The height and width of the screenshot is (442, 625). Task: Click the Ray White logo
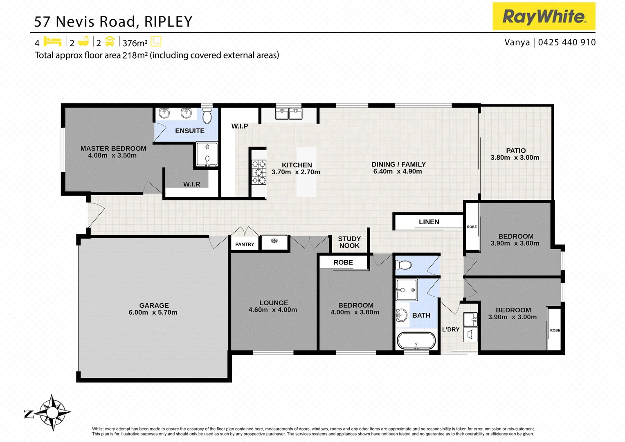pyautogui.click(x=544, y=16)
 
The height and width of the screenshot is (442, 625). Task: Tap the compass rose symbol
pyautogui.click(x=52, y=413)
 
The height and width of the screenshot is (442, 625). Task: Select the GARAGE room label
pyautogui.click(x=154, y=305)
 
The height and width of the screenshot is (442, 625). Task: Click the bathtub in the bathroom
pyautogui.click(x=416, y=341)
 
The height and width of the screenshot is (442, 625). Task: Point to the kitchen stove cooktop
pyautogui.click(x=259, y=172)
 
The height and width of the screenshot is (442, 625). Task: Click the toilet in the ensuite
pyautogui.click(x=207, y=115)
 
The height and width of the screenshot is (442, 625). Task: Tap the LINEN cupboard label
pyautogui.click(x=429, y=222)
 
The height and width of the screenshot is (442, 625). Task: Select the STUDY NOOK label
pyautogui.click(x=349, y=242)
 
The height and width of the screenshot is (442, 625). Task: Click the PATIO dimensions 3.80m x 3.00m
pyautogui.click(x=515, y=158)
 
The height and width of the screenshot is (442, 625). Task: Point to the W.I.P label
pyautogui.click(x=240, y=126)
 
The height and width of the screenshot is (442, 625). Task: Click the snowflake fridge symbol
pyautogui.click(x=274, y=241)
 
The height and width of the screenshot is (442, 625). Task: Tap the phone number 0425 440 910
pyautogui.click(x=567, y=42)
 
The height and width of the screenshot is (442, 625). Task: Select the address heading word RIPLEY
pyautogui.click(x=168, y=21)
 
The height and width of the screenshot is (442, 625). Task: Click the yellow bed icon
pyautogui.click(x=52, y=41)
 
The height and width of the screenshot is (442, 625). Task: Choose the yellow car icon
pyautogui.click(x=110, y=41)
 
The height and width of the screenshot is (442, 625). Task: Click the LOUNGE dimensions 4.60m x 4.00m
pyautogui.click(x=273, y=310)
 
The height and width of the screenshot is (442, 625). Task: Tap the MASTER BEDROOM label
pyautogui.click(x=113, y=148)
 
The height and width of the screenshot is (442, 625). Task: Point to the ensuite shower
pyautogui.click(x=207, y=154)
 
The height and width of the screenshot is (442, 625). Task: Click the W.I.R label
pyautogui.click(x=191, y=184)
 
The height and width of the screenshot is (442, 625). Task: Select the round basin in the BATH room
pyautogui.click(x=402, y=315)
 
